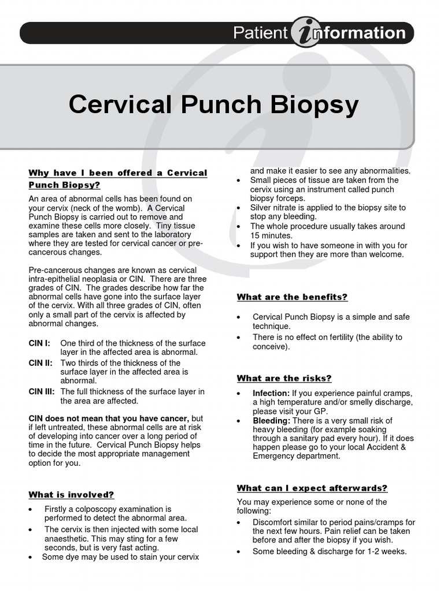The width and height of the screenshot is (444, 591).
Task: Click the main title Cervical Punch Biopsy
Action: [x=213, y=105]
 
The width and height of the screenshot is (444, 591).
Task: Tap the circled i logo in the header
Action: [x=306, y=33]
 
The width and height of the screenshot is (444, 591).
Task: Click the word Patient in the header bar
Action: [x=260, y=33]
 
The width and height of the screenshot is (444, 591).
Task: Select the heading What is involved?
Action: [x=71, y=495]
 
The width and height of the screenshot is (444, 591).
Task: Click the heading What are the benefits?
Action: [x=292, y=297]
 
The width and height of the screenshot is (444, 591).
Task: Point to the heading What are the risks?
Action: [x=284, y=378]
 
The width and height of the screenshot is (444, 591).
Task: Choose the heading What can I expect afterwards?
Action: [x=312, y=488]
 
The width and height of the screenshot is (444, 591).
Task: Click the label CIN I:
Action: [x=39, y=343]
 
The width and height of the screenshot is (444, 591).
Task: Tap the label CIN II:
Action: [x=40, y=362]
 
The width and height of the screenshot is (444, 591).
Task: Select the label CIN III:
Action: [x=42, y=391]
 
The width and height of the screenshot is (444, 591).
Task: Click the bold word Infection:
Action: [x=271, y=392]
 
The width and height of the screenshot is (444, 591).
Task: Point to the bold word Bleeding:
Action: [x=271, y=420]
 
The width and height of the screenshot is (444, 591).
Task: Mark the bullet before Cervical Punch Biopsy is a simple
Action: [x=240, y=317]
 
